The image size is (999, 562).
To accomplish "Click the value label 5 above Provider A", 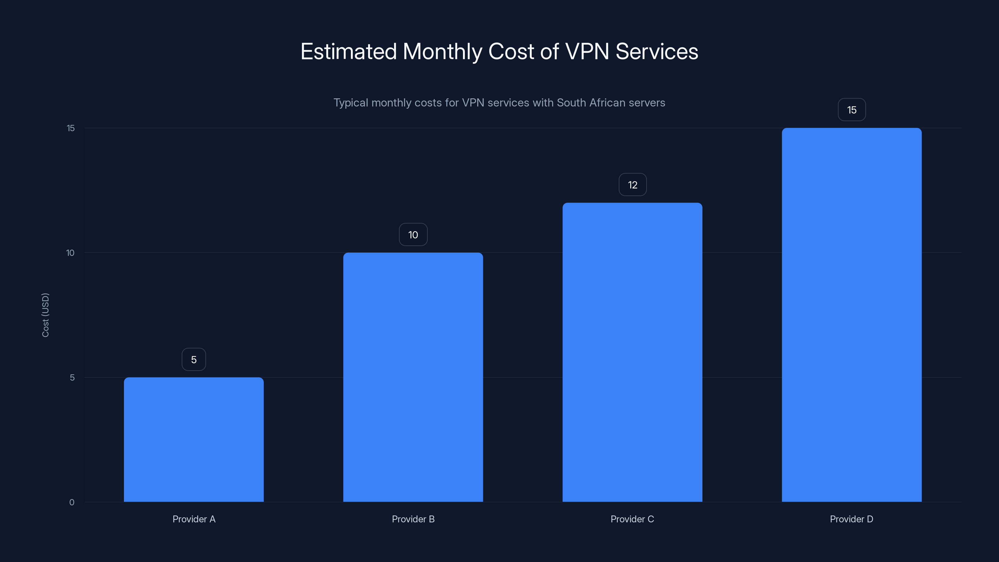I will click(194, 360).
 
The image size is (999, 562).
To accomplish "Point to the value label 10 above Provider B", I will click(413, 235).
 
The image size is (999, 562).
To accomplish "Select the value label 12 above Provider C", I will click(632, 185).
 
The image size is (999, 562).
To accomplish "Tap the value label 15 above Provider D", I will click(852, 110).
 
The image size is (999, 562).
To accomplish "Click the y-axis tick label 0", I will click(72, 502).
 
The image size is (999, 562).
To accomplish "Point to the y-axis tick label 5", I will click(72, 377).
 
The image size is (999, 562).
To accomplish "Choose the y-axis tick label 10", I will click(70, 253).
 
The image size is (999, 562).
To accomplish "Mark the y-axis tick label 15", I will click(71, 128).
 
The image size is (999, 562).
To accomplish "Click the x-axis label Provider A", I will click(194, 519).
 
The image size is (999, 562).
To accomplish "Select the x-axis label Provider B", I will click(413, 519).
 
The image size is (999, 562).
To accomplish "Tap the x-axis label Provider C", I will click(632, 519).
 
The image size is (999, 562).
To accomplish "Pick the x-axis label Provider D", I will click(851, 519).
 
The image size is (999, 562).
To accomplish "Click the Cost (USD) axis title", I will click(45, 315).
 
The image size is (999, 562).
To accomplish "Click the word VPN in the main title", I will click(587, 51).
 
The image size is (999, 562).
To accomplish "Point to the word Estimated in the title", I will click(349, 51).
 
